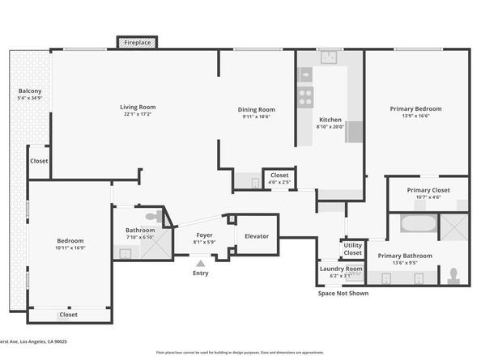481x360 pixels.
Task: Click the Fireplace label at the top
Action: [x=138, y=42]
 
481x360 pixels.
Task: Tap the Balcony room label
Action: [x=30, y=91]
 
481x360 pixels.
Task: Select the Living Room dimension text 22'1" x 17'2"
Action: [x=138, y=114]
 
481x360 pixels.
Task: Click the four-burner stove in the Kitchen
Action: [x=306, y=97]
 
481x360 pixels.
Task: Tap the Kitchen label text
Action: [x=330, y=119]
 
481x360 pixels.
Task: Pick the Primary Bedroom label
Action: [x=416, y=108]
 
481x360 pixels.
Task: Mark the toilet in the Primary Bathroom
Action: [x=454, y=275]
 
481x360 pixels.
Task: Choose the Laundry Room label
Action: [x=342, y=269]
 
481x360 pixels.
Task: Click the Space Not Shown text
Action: [x=343, y=293]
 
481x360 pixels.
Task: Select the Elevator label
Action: [x=257, y=235]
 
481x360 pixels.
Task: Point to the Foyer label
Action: [x=204, y=235]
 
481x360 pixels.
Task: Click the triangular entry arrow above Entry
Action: [x=200, y=261]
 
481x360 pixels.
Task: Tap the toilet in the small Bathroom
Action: [x=153, y=217]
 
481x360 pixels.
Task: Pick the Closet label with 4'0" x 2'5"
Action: [x=279, y=175]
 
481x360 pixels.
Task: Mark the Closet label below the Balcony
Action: [x=39, y=160]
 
